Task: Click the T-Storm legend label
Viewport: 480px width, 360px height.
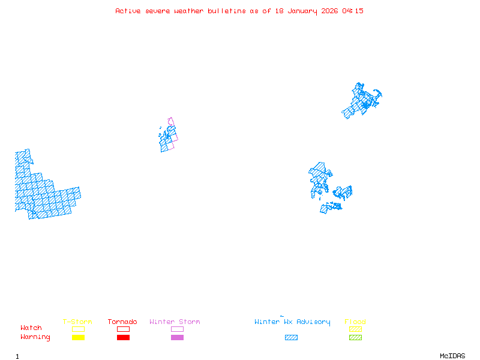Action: point(77,322)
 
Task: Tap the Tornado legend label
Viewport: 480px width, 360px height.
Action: point(122,322)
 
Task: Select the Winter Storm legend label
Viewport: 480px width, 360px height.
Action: point(175,322)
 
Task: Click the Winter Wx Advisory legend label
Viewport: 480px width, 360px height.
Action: point(292,322)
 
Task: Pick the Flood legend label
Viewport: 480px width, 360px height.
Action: point(355,322)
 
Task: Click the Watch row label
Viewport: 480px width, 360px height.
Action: point(31,328)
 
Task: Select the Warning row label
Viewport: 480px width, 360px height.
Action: point(35,337)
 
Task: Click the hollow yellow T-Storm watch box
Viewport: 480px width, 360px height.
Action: point(78,329)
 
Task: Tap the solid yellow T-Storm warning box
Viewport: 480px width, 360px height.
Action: point(78,337)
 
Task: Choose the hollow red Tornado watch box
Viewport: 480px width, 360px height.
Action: point(123,329)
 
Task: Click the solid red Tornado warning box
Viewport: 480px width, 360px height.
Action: point(123,337)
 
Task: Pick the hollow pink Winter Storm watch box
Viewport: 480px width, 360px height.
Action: point(177,329)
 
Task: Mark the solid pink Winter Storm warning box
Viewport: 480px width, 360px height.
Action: point(177,337)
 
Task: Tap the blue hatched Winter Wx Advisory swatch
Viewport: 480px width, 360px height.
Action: point(291,337)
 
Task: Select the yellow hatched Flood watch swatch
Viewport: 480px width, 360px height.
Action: point(355,329)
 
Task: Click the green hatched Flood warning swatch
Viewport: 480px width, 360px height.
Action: point(355,337)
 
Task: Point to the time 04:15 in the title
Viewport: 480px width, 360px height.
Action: point(353,11)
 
